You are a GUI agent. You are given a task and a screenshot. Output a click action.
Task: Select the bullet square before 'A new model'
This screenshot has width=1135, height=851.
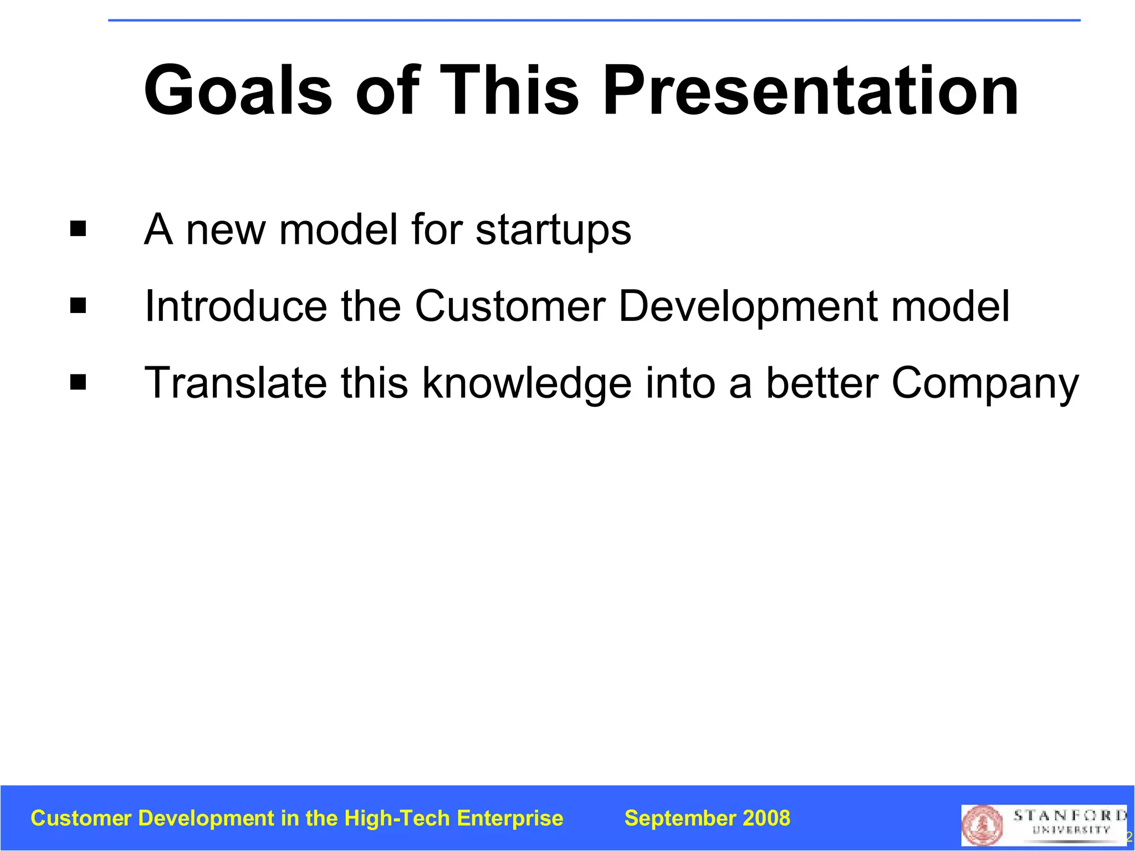point(78,229)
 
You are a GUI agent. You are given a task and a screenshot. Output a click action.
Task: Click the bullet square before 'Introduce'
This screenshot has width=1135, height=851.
point(78,305)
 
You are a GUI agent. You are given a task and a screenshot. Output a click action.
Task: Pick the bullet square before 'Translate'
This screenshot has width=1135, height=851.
point(78,382)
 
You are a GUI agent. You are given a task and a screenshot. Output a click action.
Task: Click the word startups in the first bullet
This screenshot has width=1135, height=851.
point(553,230)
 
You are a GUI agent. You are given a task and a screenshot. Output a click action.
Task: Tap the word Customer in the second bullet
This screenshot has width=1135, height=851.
point(510,306)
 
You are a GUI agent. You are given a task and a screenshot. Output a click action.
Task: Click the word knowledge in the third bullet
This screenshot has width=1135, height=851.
point(526,383)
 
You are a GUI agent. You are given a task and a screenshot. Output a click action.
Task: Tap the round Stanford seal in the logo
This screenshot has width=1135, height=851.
point(983,825)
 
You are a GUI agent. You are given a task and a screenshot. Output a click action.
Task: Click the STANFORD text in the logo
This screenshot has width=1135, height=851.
point(1070,816)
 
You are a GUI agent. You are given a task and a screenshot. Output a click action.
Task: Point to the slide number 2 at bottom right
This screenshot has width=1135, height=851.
point(1129,837)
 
